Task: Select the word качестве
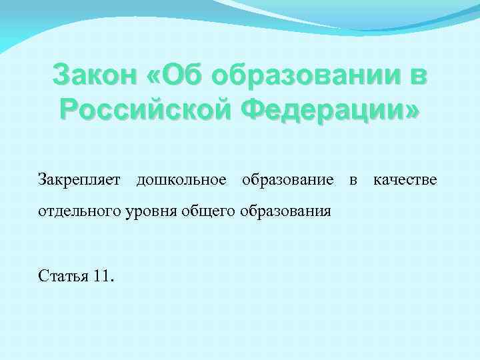(405, 180)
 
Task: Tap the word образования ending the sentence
(290, 212)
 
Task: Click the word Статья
(62, 276)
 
